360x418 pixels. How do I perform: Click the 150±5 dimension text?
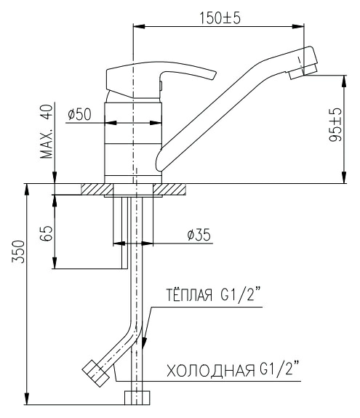pyautogui.click(x=220, y=18)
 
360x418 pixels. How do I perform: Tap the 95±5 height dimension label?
pyautogui.click(x=335, y=125)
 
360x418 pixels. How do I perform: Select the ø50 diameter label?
pyautogui.click(x=79, y=114)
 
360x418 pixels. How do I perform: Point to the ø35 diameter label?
pyautogui.click(x=199, y=235)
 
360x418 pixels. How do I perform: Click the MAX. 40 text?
pyautogui.click(x=47, y=132)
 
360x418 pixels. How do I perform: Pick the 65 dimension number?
pyautogui.click(x=47, y=233)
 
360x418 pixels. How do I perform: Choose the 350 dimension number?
pyautogui.click(x=18, y=252)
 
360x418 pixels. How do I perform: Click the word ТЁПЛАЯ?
pyautogui.click(x=190, y=295)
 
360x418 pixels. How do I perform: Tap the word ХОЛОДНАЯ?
pyautogui.click(x=211, y=370)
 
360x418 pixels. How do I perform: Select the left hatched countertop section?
pyautogui.click(x=97, y=190)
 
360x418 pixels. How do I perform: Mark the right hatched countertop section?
pyautogui.click(x=169, y=190)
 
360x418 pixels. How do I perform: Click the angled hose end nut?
pyautogui.click(x=95, y=374)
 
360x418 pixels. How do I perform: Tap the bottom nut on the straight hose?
pyautogui.click(x=137, y=398)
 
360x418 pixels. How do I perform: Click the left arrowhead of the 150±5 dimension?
pyautogui.click(x=139, y=26)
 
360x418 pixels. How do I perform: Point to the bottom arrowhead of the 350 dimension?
pyautogui.click(x=26, y=398)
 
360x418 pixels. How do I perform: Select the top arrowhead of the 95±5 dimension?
pyautogui.click(x=344, y=81)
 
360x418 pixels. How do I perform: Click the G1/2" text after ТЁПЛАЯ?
pyautogui.click(x=241, y=294)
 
